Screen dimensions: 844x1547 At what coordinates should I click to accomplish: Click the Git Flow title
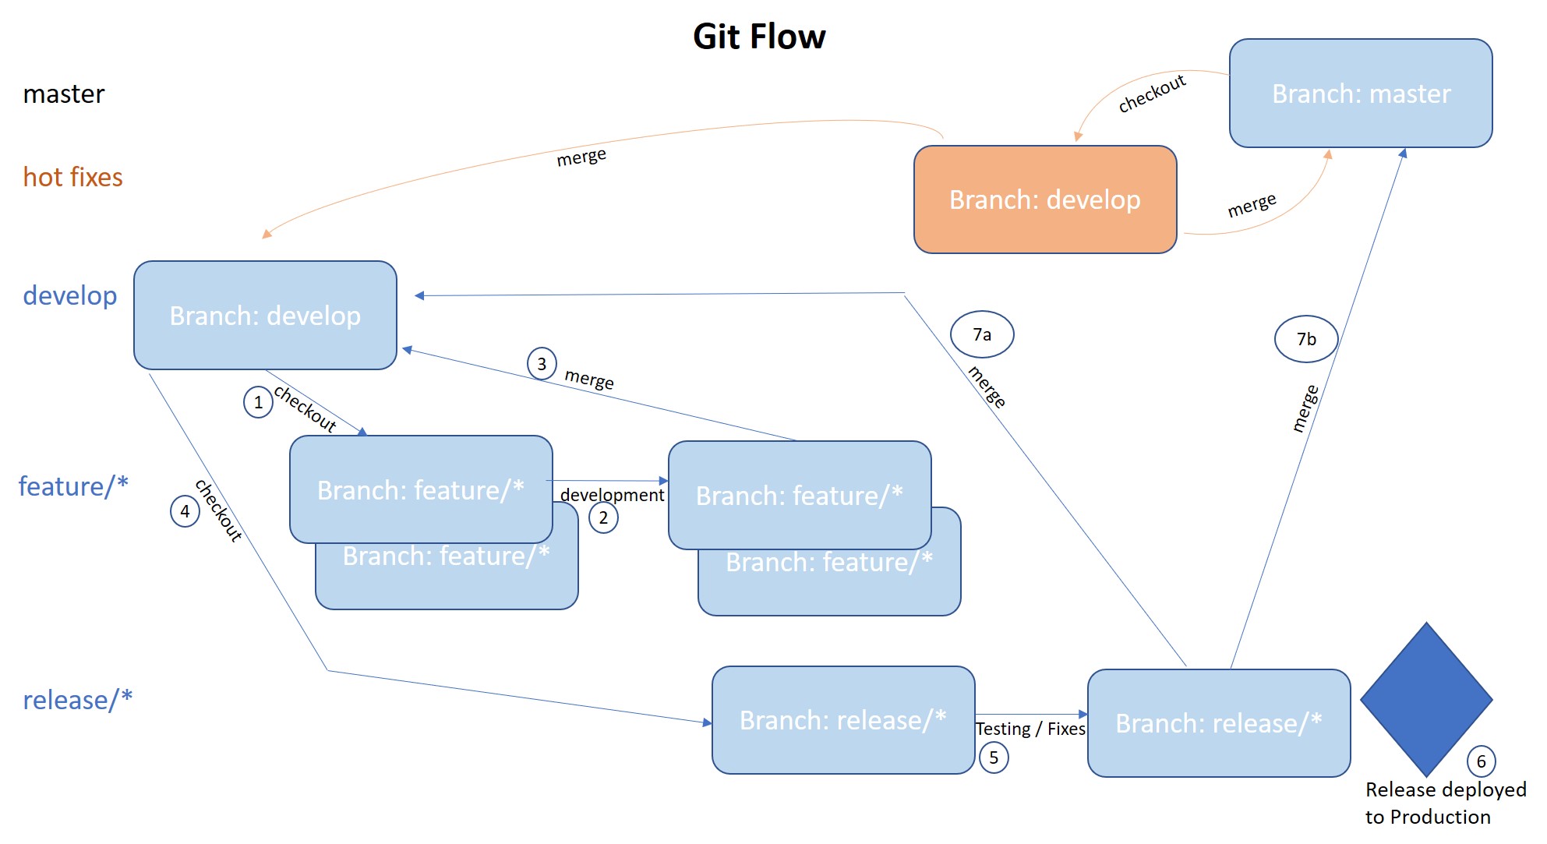[758, 37]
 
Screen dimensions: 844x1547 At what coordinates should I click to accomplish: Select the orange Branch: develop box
[1044, 200]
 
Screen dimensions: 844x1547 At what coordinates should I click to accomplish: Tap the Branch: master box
[1360, 94]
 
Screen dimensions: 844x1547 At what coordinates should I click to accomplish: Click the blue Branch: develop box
[265, 316]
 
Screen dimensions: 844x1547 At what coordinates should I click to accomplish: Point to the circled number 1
[258, 402]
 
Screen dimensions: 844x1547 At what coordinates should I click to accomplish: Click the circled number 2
[603, 517]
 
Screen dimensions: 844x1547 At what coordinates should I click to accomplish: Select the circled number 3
[542, 364]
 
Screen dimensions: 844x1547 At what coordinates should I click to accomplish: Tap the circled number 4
[185, 511]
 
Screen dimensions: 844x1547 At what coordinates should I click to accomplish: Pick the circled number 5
[994, 757]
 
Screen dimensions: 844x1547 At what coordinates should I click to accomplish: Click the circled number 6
[1481, 761]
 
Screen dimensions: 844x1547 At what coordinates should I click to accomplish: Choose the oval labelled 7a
[982, 334]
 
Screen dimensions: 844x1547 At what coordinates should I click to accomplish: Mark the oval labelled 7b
[1306, 339]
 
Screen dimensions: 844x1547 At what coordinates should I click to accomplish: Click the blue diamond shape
[1425, 699]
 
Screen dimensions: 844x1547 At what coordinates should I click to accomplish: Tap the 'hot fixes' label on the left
[72, 177]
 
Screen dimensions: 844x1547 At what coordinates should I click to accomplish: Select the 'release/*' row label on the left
[77, 700]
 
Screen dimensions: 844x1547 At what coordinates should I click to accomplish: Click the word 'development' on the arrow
[612, 495]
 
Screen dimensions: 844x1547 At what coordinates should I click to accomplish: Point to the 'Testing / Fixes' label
[1030, 729]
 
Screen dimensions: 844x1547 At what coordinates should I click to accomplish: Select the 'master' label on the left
[63, 94]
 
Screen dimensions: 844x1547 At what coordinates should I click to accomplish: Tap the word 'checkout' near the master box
[1152, 94]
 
